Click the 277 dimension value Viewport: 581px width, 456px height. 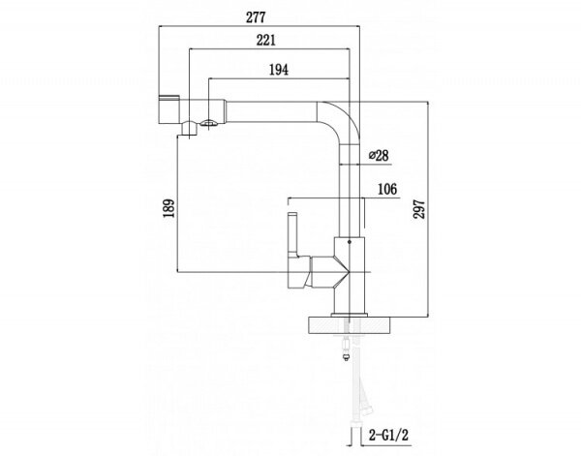click(256, 13)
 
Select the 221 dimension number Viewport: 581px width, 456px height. click(271, 42)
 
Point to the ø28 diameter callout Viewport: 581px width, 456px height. click(379, 155)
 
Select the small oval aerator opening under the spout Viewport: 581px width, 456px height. click(204, 121)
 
